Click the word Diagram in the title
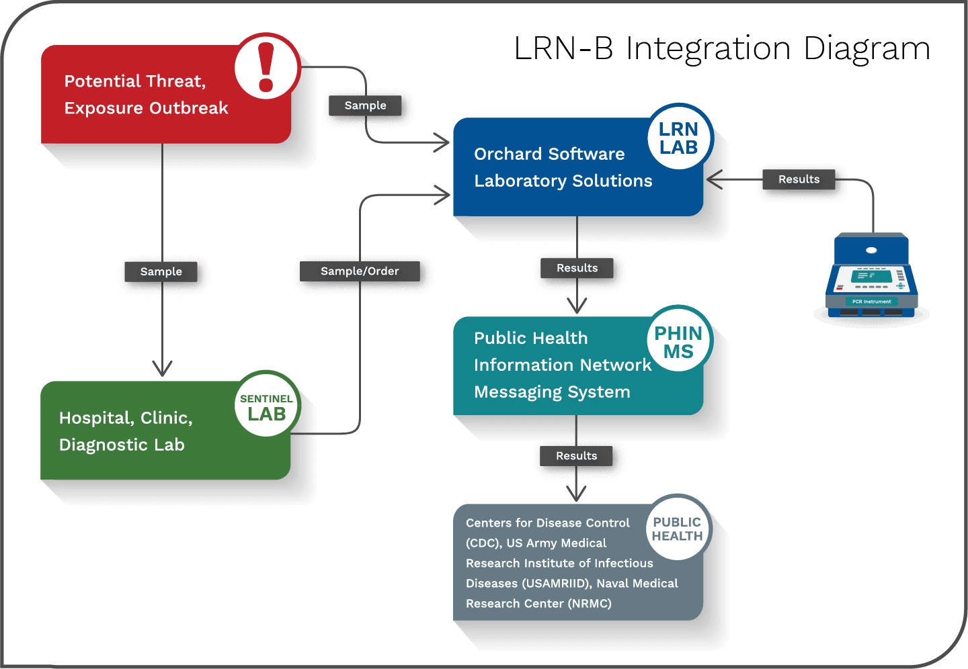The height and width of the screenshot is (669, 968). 866,49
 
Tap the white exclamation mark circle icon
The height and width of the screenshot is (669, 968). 266,66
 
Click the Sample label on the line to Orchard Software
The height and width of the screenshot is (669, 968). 365,105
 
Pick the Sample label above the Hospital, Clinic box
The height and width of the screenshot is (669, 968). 161,271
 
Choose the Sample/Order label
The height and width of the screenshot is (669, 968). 360,271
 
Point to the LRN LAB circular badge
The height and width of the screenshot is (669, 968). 678,138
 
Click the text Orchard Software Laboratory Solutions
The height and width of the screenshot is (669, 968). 563,167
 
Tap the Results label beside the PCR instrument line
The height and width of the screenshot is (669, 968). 799,179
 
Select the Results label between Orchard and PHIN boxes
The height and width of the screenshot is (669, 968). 577,268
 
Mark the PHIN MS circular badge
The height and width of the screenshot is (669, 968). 678,342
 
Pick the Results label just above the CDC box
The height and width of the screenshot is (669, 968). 576,456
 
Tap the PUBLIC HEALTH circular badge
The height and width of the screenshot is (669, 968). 677,529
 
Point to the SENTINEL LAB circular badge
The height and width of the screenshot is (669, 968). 266,407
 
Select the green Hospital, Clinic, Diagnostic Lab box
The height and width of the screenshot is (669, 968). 134,431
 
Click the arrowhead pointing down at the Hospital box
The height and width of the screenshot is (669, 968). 162,368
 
